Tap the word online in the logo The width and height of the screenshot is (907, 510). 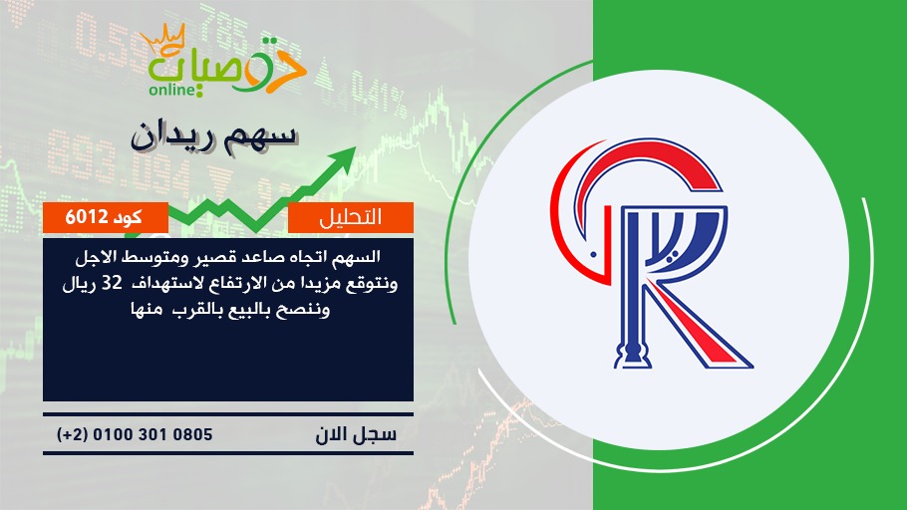[x=171, y=90]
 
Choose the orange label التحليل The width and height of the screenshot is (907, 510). [x=351, y=217]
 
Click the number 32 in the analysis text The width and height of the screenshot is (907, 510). [x=112, y=284]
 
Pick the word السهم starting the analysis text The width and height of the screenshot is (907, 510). [x=359, y=257]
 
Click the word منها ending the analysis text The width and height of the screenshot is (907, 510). [x=146, y=310]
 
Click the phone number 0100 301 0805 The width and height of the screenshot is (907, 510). [x=152, y=434]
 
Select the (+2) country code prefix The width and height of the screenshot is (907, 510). [x=73, y=434]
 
